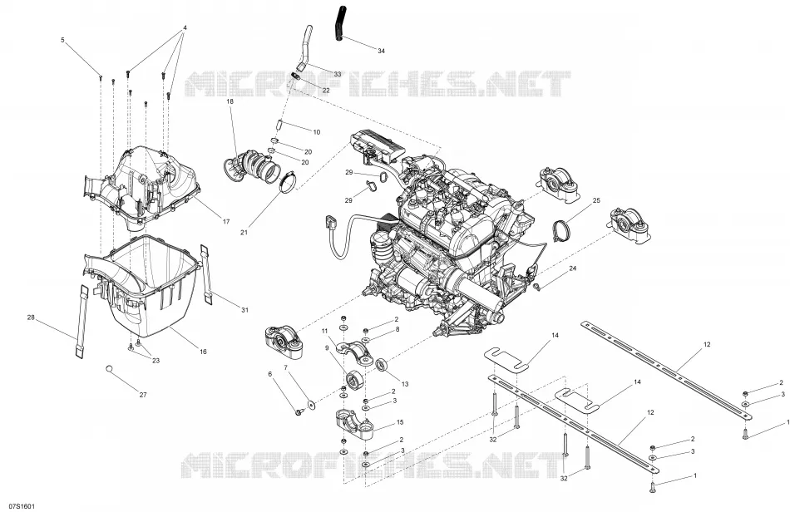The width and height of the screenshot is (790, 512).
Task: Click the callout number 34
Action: click(x=381, y=51)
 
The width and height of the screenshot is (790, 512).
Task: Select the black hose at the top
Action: click(x=338, y=23)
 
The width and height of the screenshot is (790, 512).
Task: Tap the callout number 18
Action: click(x=230, y=101)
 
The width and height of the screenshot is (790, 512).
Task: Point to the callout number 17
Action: click(x=226, y=221)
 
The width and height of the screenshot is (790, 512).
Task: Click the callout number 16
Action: click(x=203, y=352)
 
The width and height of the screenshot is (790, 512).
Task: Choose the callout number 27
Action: click(x=143, y=395)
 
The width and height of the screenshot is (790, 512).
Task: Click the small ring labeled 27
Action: click(x=109, y=369)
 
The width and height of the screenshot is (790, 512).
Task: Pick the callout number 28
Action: click(x=31, y=318)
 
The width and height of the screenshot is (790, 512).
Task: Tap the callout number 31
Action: click(x=244, y=310)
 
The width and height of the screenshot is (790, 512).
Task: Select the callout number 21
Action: click(x=244, y=232)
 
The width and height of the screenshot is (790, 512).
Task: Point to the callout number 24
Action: click(x=572, y=268)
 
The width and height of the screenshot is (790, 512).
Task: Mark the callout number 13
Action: click(x=405, y=384)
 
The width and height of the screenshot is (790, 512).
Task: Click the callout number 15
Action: click(x=400, y=422)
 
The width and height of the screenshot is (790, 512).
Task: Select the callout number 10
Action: click(x=316, y=132)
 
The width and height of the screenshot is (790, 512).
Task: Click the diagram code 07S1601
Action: click(x=17, y=506)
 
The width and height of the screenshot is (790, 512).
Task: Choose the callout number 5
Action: click(x=62, y=39)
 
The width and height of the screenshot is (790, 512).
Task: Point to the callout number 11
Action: click(x=325, y=331)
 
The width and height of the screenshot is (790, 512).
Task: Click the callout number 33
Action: click(x=337, y=74)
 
